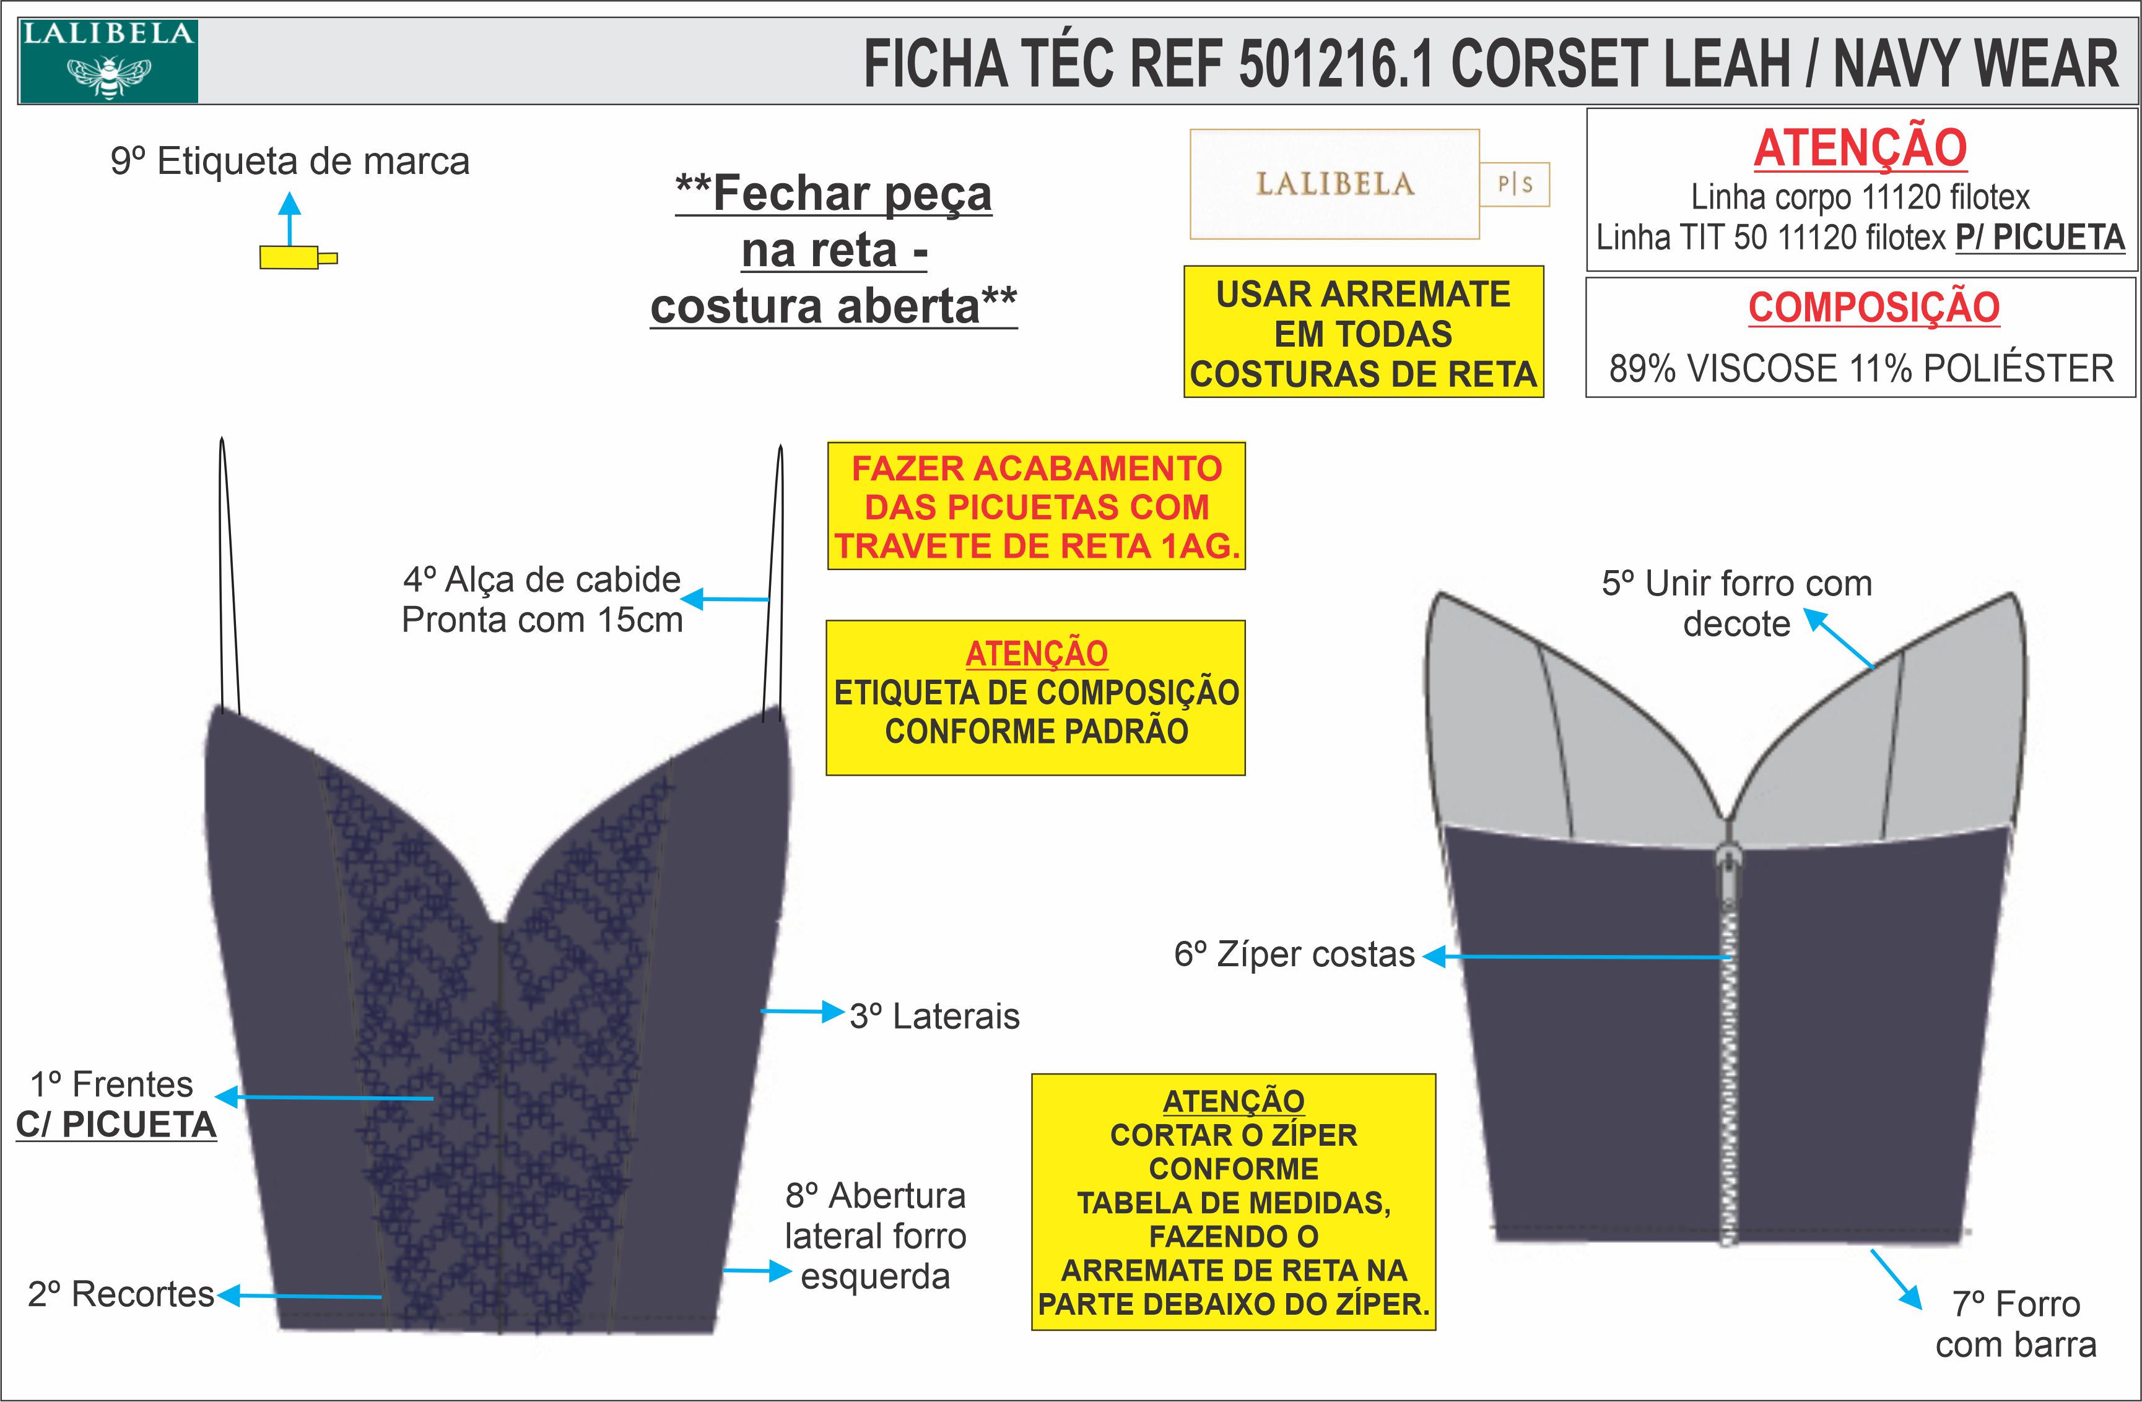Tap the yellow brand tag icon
coord(290,258)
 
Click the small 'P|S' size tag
coord(1515,184)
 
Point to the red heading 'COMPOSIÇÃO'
coord(1874,308)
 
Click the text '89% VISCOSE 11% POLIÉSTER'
coord(1860,369)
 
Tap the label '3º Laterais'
coord(934,1016)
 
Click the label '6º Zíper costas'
coord(1294,954)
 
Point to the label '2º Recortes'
coord(121,1294)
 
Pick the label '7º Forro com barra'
coord(2016,1324)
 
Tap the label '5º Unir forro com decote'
coord(1737,603)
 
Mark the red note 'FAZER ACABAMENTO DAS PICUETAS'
coord(1037,506)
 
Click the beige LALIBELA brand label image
coord(1334,184)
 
